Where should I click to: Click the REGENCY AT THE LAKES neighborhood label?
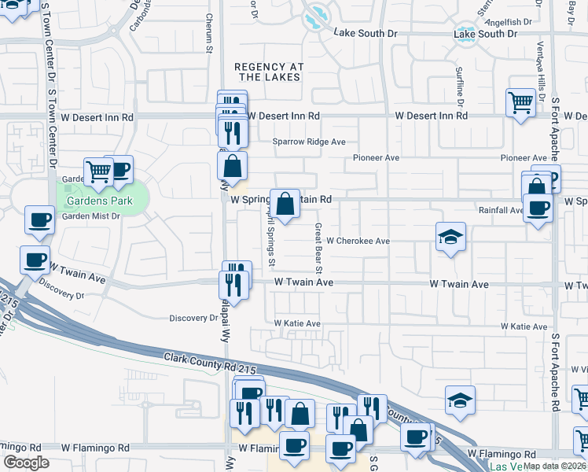coord(270,72)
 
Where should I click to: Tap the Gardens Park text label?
coord(99,201)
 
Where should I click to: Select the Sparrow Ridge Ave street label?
coord(309,142)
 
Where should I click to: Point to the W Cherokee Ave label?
coord(358,241)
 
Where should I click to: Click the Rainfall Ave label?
coord(501,210)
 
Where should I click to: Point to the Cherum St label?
coord(209,33)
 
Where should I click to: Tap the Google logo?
coord(26,463)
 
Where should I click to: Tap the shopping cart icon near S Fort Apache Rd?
coord(520,102)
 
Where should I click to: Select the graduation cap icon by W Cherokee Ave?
coord(451,235)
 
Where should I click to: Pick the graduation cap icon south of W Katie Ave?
coord(460,400)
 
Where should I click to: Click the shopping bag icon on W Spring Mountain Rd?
coord(285,203)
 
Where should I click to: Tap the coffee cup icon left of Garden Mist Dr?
coord(39,220)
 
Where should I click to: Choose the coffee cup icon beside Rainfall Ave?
coord(538,208)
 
